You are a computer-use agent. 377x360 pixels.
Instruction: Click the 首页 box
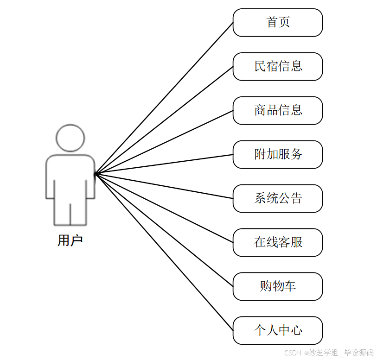(x=277, y=22)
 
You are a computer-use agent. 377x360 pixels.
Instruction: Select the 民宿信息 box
(x=277, y=66)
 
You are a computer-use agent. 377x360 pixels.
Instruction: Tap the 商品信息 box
(x=277, y=110)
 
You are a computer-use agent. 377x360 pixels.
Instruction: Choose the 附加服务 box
(x=277, y=154)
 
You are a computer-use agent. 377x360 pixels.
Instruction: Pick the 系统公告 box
(x=277, y=198)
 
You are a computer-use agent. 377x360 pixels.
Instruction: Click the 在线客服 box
(x=277, y=242)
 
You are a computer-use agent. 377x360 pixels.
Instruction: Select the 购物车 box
(x=277, y=286)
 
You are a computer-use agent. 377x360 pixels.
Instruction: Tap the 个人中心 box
(x=277, y=330)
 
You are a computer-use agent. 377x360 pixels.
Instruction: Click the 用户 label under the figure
(x=70, y=240)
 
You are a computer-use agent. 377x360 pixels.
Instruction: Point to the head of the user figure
(x=70, y=138)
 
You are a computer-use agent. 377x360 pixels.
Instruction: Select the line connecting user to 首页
(x=164, y=98)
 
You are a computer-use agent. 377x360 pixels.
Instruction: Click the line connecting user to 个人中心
(x=164, y=252)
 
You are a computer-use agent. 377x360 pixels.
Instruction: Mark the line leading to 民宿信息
(x=164, y=120)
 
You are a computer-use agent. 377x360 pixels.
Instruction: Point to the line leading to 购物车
(x=164, y=230)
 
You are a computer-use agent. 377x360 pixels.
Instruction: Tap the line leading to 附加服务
(x=164, y=164)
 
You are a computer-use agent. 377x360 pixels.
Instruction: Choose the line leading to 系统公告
(x=164, y=186)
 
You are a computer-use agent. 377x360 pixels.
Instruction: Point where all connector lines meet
(x=95, y=174)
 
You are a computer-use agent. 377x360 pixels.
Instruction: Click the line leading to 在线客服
(x=164, y=208)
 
